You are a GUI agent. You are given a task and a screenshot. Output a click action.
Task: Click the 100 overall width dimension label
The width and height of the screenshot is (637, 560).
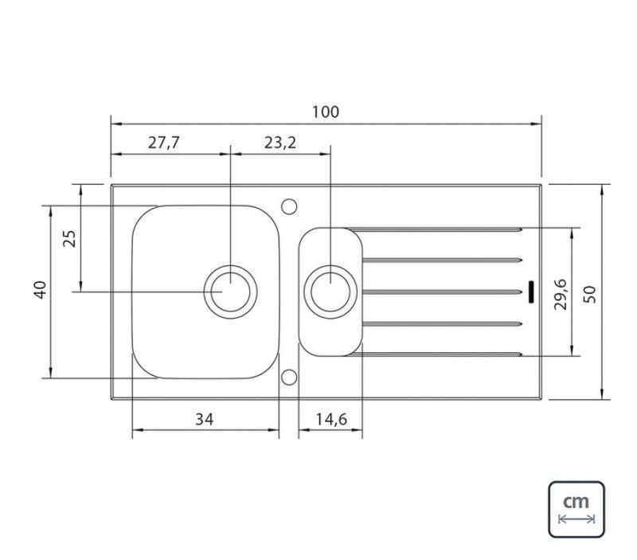pyautogui.click(x=326, y=112)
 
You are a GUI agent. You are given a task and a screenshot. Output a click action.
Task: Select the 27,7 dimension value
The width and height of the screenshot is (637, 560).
pyautogui.click(x=164, y=143)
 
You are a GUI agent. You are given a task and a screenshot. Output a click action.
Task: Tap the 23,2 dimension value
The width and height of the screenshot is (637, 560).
pyautogui.click(x=280, y=143)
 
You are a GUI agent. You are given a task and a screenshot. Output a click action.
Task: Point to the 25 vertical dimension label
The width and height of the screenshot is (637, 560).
pyautogui.click(x=69, y=238)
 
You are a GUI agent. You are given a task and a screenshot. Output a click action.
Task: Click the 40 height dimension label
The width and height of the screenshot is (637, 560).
pyautogui.click(x=41, y=290)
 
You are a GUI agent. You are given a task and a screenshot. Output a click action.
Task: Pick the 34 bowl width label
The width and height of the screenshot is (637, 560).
pyautogui.click(x=205, y=419)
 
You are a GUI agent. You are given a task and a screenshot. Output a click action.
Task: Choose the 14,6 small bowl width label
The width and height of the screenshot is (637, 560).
pyautogui.click(x=331, y=419)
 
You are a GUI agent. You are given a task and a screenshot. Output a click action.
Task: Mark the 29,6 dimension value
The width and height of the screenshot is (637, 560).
pyautogui.click(x=561, y=294)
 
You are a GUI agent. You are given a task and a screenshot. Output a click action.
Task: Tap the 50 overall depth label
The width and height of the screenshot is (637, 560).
pyautogui.click(x=589, y=294)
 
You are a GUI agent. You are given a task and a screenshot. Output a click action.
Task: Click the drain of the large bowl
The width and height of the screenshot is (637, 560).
pyautogui.click(x=230, y=292)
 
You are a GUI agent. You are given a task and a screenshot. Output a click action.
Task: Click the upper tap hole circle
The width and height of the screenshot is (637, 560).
pyautogui.click(x=289, y=206)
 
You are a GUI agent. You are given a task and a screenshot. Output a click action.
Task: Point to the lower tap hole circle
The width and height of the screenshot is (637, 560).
pyautogui.click(x=289, y=377)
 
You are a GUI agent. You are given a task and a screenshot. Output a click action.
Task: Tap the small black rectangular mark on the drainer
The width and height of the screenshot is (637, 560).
pyautogui.click(x=530, y=292)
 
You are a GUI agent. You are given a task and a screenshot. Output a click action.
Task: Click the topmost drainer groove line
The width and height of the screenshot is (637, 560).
pyautogui.click(x=434, y=230)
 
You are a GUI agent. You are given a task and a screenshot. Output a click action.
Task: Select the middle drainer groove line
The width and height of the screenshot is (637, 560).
pyautogui.click(x=442, y=292)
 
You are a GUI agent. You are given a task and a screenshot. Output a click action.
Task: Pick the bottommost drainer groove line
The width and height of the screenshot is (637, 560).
pyautogui.click(x=434, y=354)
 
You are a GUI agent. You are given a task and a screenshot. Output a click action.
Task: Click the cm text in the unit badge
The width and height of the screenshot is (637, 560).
pyautogui.click(x=576, y=502)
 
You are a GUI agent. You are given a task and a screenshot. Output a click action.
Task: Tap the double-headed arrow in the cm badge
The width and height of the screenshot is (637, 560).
pyautogui.click(x=576, y=519)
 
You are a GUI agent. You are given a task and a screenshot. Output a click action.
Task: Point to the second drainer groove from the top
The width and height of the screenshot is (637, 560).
pyautogui.click(x=442, y=260)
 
